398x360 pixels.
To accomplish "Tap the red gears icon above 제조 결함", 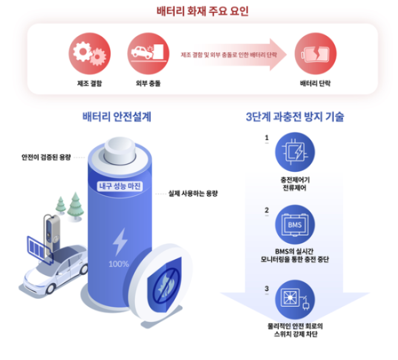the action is (90, 53).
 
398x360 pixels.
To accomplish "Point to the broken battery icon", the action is (315, 53).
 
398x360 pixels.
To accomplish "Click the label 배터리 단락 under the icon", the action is (315, 83).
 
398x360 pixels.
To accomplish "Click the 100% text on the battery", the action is (119, 264).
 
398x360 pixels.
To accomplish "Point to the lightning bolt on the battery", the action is (120, 241).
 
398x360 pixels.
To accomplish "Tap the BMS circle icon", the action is (295, 226).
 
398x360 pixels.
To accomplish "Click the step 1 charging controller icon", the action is (295, 151).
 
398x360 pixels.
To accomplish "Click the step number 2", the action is (267, 211).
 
